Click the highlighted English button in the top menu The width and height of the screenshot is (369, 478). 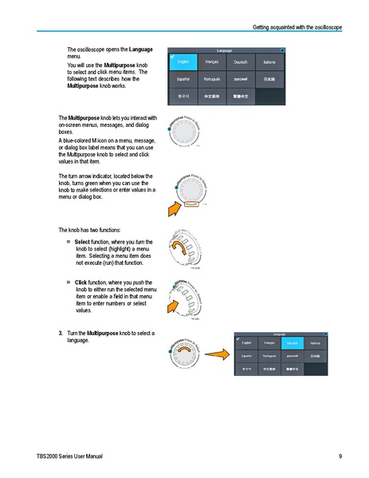[x=183, y=61]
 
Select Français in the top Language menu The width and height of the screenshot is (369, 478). [x=212, y=61]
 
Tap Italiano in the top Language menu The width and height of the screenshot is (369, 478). [x=269, y=61]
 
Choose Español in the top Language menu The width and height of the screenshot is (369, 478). [x=183, y=79]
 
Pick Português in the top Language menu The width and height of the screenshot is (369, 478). [x=212, y=79]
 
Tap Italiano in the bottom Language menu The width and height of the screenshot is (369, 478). [x=315, y=342]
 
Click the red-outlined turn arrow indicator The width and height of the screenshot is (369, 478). [x=191, y=203]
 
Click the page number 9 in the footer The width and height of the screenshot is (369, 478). [x=340, y=456]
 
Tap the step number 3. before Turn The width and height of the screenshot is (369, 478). [x=61, y=332]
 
